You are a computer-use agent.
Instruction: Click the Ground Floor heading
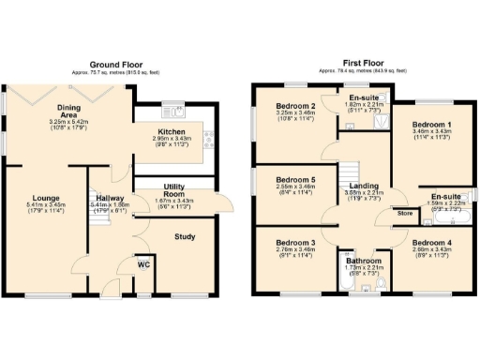pyautogui.click(x=115, y=64)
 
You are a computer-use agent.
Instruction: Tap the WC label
pyautogui.click(x=143, y=264)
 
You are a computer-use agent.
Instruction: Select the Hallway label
pyautogui.click(x=107, y=198)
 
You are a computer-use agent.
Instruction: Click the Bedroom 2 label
pyautogui.click(x=295, y=106)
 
